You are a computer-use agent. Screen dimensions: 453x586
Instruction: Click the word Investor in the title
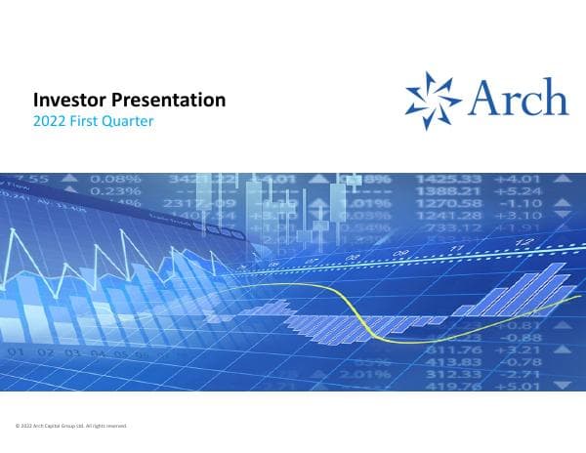pos(66,100)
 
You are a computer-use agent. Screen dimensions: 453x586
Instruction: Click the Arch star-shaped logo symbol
pos(434,100)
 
